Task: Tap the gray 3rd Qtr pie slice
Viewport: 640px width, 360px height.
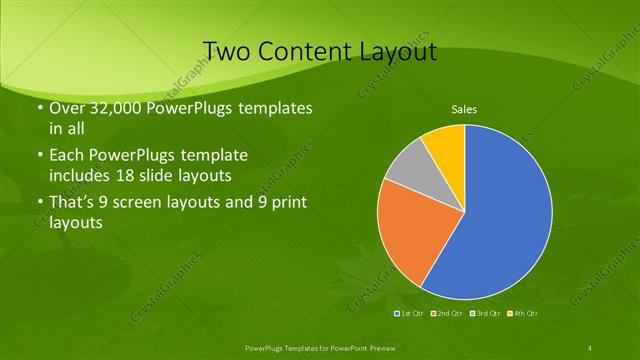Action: tap(408, 169)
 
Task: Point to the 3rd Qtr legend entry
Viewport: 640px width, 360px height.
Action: tap(486, 314)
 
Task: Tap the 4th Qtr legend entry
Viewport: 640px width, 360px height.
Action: tap(523, 314)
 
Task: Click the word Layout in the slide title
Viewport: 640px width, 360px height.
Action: tap(397, 51)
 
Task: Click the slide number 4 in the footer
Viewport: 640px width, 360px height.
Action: tap(590, 347)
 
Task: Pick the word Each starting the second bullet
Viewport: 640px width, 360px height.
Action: tap(66, 157)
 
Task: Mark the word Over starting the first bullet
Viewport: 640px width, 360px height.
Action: tap(67, 108)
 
